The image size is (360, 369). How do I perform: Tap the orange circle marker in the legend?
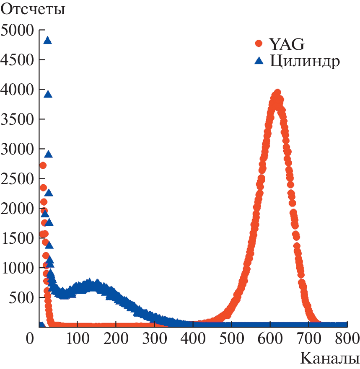[x=259, y=43]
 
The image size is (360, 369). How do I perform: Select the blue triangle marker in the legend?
[x=259, y=61]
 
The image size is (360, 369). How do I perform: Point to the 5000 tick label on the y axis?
[x=17, y=30]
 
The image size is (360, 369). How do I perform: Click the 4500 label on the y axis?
[x=17, y=60]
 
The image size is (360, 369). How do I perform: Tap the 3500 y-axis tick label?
[x=17, y=119]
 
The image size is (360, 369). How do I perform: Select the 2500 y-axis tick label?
[x=17, y=179]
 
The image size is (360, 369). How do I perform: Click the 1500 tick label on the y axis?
[x=17, y=238]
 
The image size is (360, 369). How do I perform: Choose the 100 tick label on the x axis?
[x=78, y=338]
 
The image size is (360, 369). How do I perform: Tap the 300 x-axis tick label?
[x=155, y=338]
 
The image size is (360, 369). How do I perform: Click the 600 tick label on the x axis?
[x=270, y=338]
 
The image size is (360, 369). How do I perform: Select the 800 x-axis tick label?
[x=347, y=338]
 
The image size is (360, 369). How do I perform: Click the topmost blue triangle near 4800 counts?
[x=47, y=40]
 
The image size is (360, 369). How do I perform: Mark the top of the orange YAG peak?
[x=277, y=93]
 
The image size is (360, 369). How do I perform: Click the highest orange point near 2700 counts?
[x=42, y=165]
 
